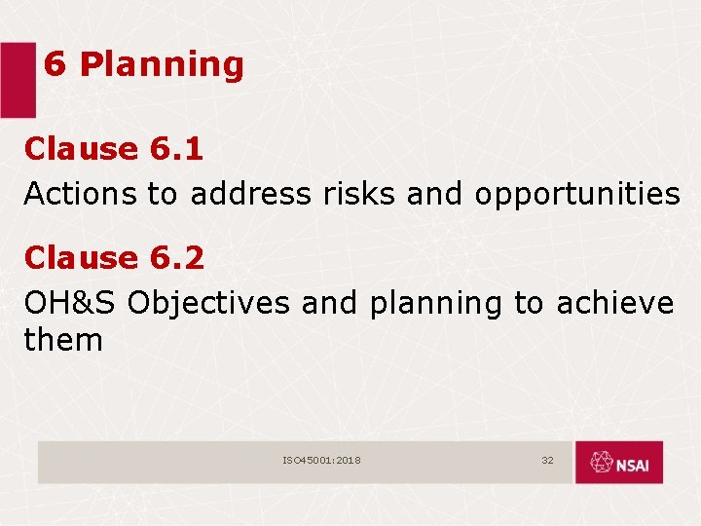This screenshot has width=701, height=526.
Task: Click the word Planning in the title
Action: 161,65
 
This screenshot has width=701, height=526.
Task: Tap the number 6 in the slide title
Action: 55,64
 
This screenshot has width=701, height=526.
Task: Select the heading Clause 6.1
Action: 114,149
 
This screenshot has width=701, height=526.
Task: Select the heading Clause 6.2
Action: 114,258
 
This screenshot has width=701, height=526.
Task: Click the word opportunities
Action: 577,195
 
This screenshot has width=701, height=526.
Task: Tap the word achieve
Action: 614,303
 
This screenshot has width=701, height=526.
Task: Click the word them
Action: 63,340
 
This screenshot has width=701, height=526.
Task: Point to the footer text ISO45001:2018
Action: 322,460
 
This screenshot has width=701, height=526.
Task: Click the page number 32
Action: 547,460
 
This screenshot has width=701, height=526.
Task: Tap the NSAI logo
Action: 618,463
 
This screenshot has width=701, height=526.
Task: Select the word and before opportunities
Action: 436,194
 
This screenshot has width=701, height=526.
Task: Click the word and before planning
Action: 331,303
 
